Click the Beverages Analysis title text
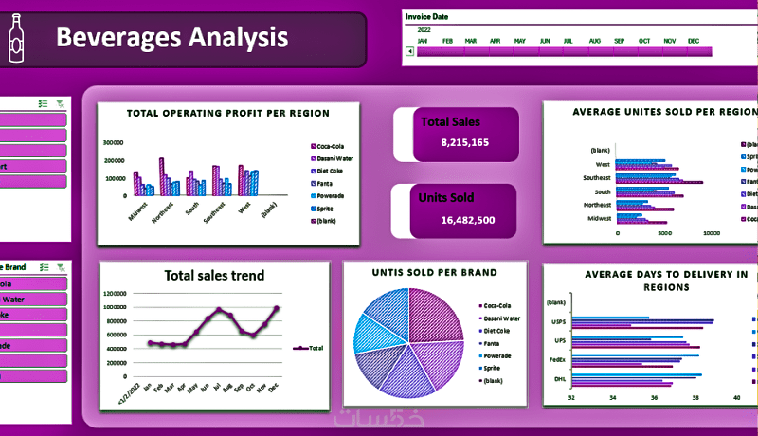(171, 38)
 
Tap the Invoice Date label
(426, 17)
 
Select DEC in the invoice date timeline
(694, 41)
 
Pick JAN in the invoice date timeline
(423, 41)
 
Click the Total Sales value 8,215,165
(464, 142)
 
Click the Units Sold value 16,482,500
(468, 220)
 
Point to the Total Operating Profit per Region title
(228, 113)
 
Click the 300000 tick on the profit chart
(114, 143)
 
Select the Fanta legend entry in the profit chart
(328, 183)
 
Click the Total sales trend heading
(214, 276)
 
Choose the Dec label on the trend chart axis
(275, 389)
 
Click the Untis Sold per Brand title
(435, 273)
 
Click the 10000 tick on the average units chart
(712, 231)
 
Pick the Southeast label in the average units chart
(597, 177)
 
